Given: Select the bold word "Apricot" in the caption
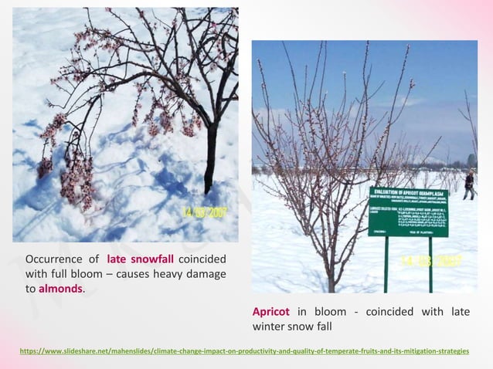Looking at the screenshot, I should point(271,312).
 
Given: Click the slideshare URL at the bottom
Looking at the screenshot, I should point(244,351).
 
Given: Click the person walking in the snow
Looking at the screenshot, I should point(468,185).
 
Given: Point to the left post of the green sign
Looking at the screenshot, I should point(386,262).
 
